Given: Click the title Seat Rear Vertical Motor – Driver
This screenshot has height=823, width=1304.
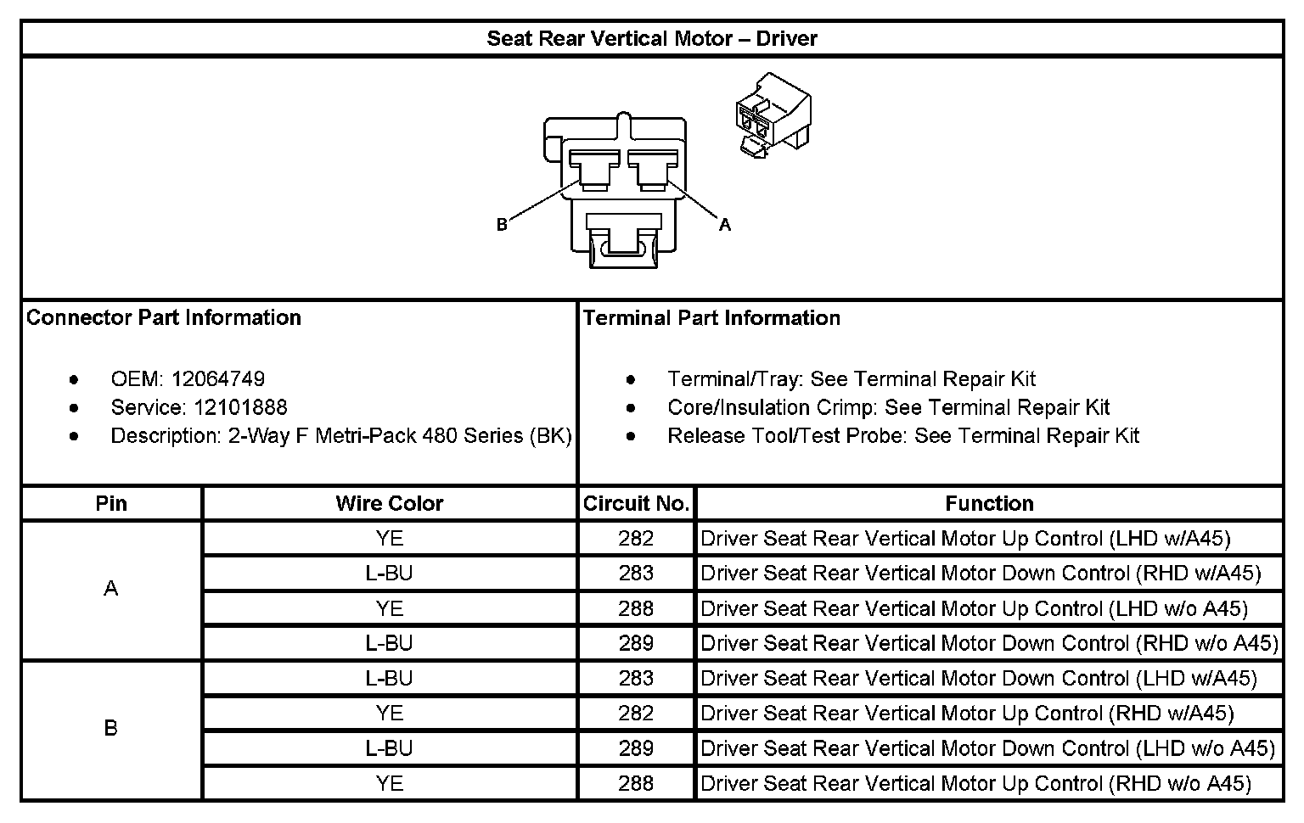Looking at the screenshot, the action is point(651,39).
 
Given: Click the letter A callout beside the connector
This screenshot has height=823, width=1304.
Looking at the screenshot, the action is point(724,225).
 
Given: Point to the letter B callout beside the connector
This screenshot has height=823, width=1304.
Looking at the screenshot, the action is point(502,225).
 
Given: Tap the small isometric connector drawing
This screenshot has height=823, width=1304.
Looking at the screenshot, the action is point(772,115).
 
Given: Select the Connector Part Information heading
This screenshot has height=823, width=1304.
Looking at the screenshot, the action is point(164,318).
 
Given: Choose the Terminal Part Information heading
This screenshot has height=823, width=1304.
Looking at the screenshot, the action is point(711,318).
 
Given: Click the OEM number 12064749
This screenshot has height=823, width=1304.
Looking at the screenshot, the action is point(217,379).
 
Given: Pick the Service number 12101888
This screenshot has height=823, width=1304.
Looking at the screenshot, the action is point(240,407).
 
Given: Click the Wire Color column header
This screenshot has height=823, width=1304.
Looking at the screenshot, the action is point(389,504).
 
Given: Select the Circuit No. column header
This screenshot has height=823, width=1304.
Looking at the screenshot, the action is point(636,504).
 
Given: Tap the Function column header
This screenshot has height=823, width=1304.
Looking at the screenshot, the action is point(989,504).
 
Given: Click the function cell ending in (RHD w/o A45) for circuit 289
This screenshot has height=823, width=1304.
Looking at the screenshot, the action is point(989,644).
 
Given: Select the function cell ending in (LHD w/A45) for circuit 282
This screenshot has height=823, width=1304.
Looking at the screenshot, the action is point(965,539).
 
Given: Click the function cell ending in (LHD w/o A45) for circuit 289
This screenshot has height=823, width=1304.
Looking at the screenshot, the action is point(987,749).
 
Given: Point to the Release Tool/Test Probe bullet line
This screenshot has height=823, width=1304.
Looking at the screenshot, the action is point(902,436).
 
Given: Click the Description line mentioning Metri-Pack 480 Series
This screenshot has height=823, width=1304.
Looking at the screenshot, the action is point(340,436).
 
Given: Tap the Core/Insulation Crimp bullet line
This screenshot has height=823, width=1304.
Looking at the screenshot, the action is point(888,408).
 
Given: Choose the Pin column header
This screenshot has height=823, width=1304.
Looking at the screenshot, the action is point(111,504).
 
